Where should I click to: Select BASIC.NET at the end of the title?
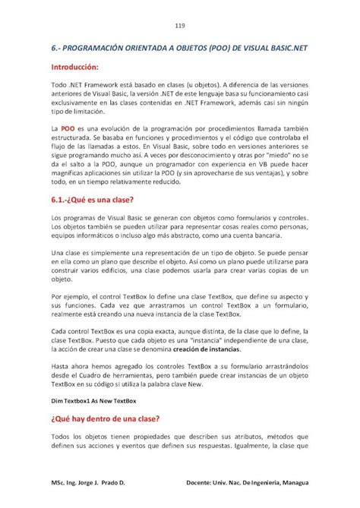(284, 47)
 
